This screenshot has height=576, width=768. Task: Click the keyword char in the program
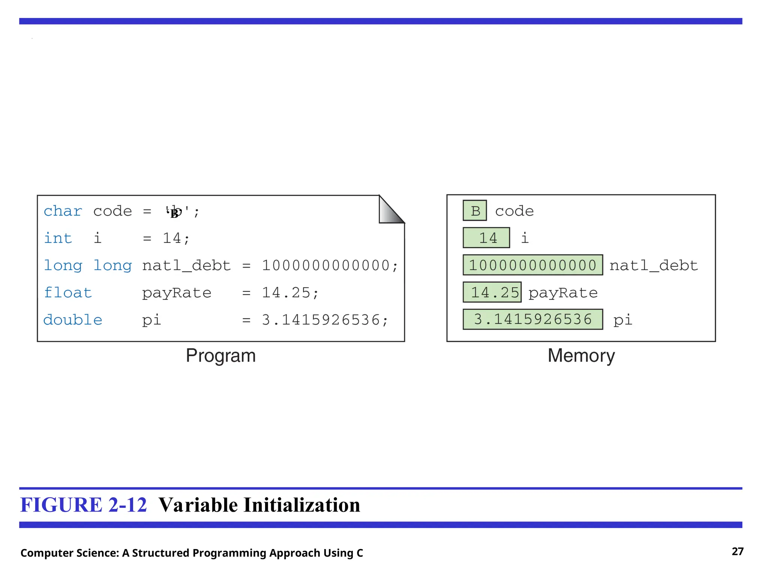(x=63, y=211)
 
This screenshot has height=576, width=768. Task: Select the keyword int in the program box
(x=58, y=238)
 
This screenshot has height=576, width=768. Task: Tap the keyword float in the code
(x=67, y=292)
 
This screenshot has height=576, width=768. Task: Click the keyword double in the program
(x=72, y=320)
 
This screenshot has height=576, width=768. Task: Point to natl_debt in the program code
(x=186, y=265)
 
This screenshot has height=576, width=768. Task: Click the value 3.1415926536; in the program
(x=325, y=320)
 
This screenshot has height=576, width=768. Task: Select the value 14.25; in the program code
(x=290, y=292)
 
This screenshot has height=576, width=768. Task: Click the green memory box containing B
(x=475, y=211)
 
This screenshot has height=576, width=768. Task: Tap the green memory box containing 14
(x=486, y=238)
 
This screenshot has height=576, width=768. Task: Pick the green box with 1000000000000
(x=532, y=265)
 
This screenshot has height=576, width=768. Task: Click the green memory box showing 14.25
(x=492, y=292)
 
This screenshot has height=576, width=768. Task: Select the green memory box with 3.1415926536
(x=532, y=319)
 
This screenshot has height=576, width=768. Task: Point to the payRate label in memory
(x=563, y=293)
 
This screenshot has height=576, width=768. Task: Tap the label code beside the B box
(x=514, y=211)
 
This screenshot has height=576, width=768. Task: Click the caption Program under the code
(x=220, y=355)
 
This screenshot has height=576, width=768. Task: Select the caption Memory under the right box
(x=581, y=355)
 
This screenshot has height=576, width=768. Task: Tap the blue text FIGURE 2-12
(x=83, y=505)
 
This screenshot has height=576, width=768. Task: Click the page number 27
(x=737, y=552)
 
